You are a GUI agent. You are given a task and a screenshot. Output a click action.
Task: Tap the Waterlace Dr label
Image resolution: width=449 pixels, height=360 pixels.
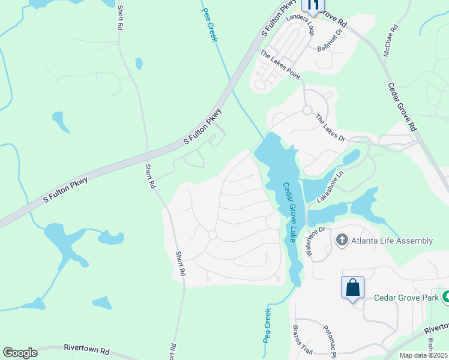pyautogui.click(x=316, y=241)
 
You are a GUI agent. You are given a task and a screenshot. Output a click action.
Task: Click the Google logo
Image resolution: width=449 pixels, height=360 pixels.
pyautogui.click(x=20, y=353)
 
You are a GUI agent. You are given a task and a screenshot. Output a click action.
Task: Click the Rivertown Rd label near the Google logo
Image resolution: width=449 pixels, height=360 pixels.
pyautogui.click(x=88, y=350)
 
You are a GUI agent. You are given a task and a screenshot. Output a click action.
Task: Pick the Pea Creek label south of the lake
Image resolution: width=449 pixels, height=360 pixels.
pyautogui.click(x=267, y=325)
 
